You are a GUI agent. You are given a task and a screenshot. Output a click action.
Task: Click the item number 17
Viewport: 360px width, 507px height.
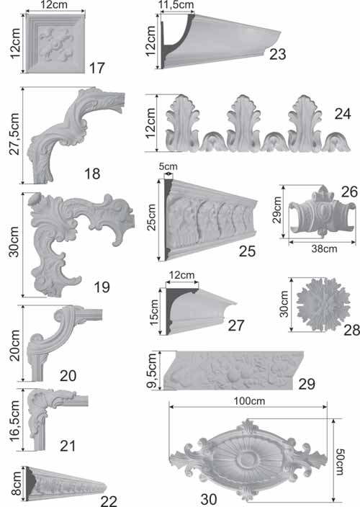coord(97,68)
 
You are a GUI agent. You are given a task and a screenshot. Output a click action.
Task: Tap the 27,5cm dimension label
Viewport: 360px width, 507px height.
coord(14,134)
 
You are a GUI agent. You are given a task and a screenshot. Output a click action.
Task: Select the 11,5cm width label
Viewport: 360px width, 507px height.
coord(176,5)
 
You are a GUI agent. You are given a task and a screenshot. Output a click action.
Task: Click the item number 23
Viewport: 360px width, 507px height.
coord(278,54)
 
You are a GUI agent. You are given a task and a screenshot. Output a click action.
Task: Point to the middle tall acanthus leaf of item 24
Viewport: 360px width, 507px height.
coord(243,124)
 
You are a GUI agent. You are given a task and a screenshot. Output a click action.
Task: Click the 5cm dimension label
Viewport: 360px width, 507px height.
coord(168,166)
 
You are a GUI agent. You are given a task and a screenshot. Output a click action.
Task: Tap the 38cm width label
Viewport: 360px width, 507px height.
coord(324,249)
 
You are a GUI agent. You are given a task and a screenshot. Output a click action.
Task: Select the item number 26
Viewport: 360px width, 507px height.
coord(349,192)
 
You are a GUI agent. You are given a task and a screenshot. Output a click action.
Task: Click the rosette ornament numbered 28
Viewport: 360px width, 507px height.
coord(323,304)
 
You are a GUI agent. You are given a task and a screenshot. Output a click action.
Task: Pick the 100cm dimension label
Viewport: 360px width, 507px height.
coord(249,401)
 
